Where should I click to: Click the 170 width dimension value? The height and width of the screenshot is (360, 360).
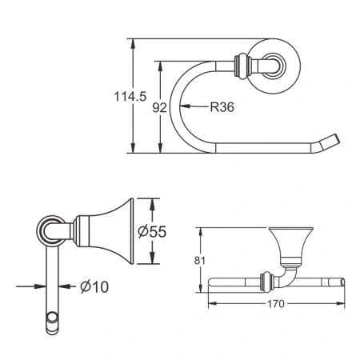pos(277,304)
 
